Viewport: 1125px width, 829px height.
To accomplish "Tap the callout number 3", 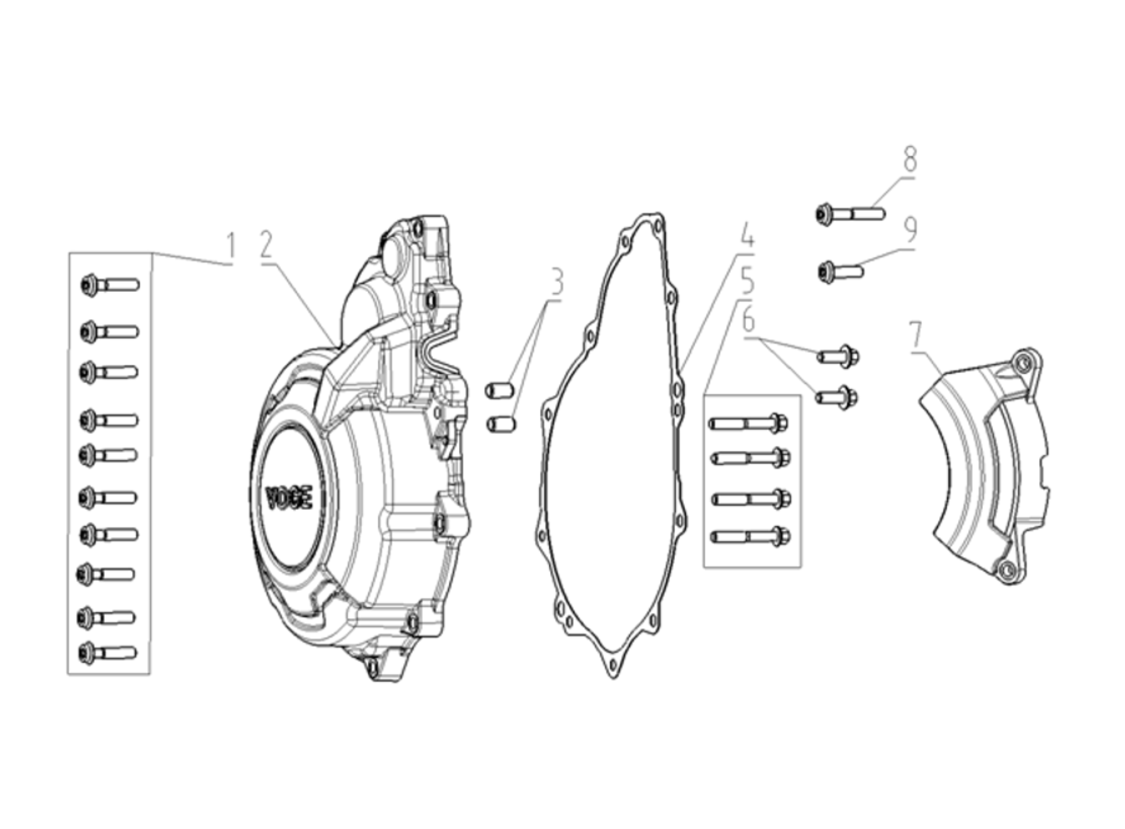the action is click(x=556, y=282).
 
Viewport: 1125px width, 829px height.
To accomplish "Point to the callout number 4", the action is click(x=747, y=236).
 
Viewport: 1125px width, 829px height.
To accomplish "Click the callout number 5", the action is click(x=747, y=281).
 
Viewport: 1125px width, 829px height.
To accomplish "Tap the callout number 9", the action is click(x=910, y=230).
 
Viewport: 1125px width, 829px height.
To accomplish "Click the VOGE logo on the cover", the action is click(x=289, y=498).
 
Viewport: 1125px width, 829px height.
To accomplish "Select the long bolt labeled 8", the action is click(x=850, y=213).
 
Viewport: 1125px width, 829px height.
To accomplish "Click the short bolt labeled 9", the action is click(x=841, y=272).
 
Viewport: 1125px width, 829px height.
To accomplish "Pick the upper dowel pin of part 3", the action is click(x=499, y=391).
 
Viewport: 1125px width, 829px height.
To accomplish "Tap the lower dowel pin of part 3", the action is click(x=501, y=424).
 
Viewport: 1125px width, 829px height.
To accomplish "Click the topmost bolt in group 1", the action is click(x=111, y=285).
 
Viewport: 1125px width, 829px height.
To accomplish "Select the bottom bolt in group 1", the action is click(x=108, y=653).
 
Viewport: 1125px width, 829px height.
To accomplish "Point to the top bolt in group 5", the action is click(x=748, y=423).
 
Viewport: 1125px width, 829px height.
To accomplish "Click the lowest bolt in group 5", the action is click(x=751, y=536).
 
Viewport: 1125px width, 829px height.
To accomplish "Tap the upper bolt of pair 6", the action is click(x=838, y=356).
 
